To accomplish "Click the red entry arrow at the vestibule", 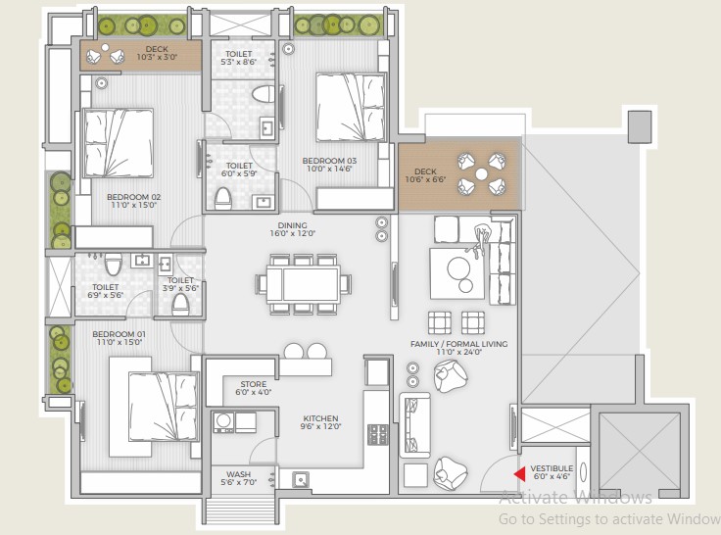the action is click(x=520, y=474).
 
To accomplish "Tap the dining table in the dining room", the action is click(x=303, y=284).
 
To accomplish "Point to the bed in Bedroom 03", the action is click(x=350, y=107).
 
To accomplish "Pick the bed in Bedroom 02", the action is click(x=119, y=143).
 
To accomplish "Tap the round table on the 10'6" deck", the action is click(x=481, y=173).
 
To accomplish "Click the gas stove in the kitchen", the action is click(x=377, y=434).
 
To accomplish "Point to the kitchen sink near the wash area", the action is click(x=301, y=480).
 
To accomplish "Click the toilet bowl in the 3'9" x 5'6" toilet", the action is click(x=180, y=304).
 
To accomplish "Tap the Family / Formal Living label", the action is click(x=458, y=344).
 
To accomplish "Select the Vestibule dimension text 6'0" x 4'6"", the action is click(x=552, y=476).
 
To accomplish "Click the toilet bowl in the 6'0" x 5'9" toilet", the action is click(x=223, y=198).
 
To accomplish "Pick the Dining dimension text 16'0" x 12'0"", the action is click(x=293, y=233).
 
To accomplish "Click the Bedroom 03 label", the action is click(x=329, y=161).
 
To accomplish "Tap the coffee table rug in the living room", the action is click(x=457, y=273).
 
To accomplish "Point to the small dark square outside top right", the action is click(x=640, y=126).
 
